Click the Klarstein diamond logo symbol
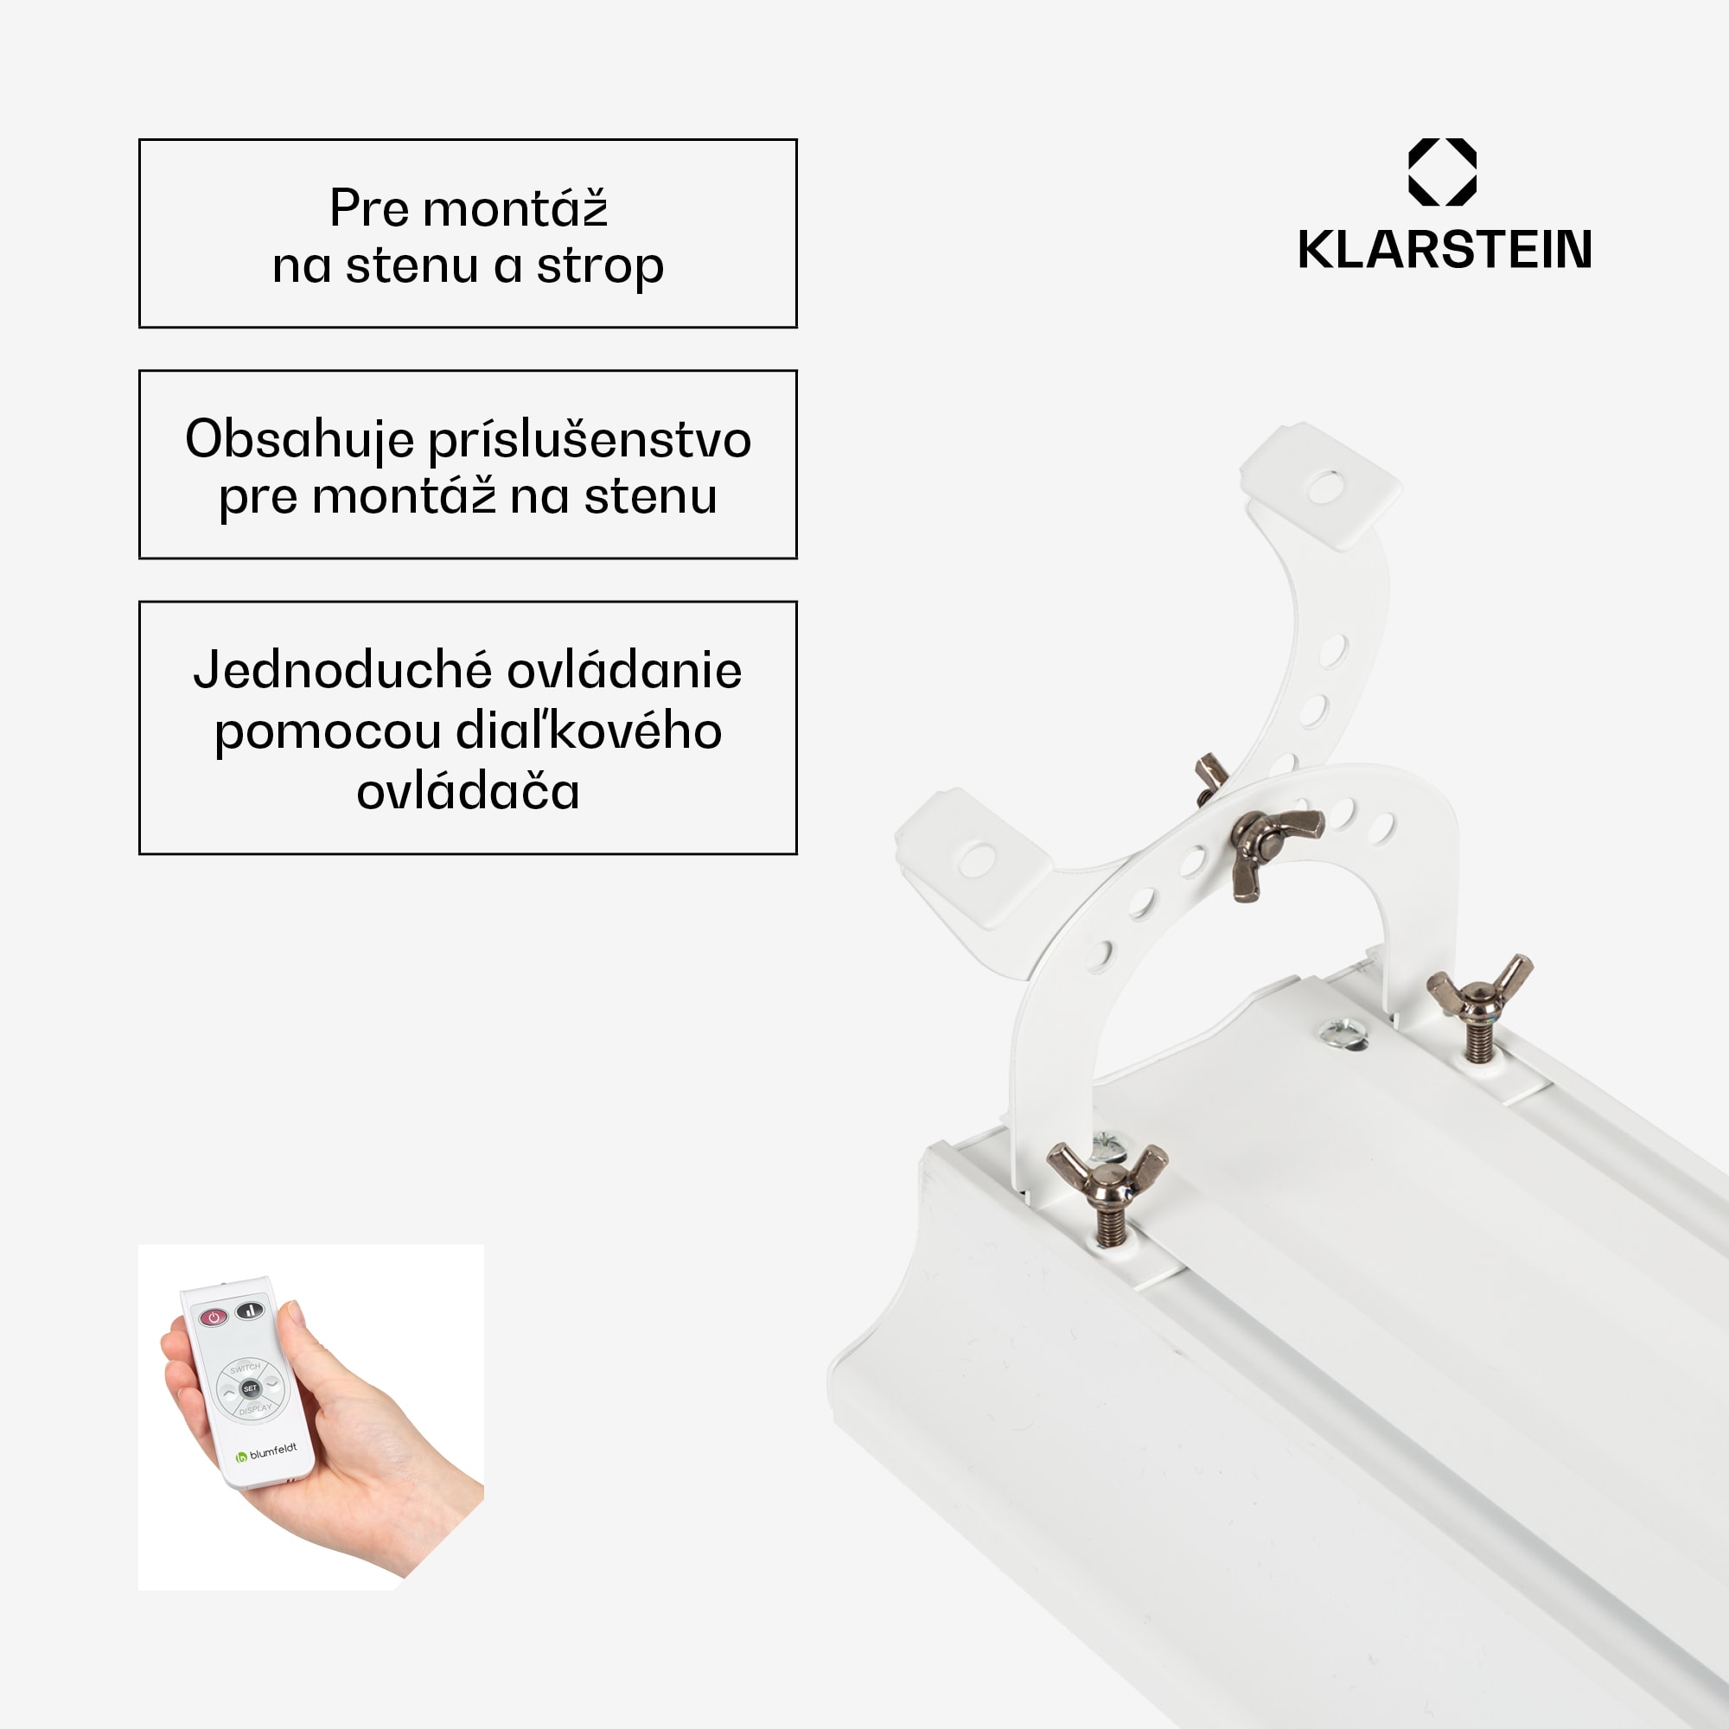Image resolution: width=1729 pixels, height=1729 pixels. pyautogui.click(x=1442, y=172)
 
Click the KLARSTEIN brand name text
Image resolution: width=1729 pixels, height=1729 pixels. pyautogui.click(x=1445, y=250)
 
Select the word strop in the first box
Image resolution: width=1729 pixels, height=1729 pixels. pyautogui.click(x=600, y=266)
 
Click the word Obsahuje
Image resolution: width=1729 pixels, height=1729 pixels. pyautogui.click(x=300, y=440)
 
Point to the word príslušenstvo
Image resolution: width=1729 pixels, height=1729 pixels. pyautogui.click(x=590, y=440)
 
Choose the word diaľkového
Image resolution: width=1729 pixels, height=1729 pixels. pyautogui.click(x=588, y=731)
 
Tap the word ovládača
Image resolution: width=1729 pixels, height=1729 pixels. pyautogui.click(x=468, y=792)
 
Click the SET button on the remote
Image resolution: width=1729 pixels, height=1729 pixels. pyautogui.click(x=251, y=1388)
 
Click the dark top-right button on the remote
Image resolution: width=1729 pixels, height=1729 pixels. pyautogui.click(x=250, y=1311)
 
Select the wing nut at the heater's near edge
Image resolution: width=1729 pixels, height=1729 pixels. pyautogui.click(x=1107, y=1177)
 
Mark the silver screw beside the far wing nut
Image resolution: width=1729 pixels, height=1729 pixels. pyautogui.click(x=1343, y=1034)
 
